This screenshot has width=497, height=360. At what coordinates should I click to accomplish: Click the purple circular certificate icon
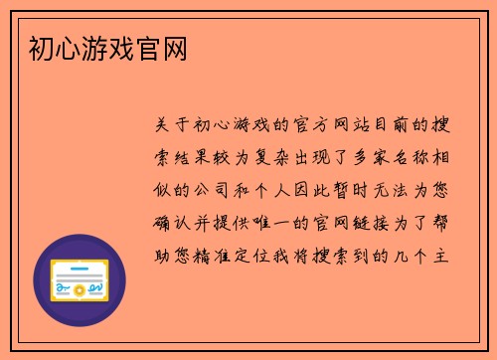point(80,280)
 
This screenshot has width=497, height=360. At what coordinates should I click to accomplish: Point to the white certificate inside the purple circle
point(80,280)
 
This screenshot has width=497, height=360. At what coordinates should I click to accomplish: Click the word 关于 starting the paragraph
point(169,126)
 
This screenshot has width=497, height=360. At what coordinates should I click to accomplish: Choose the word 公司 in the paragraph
point(212,191)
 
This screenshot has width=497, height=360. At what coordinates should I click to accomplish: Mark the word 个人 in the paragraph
point(276,191)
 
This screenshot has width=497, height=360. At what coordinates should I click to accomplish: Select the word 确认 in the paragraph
point(169,223)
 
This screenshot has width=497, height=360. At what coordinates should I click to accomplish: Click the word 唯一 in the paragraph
point(276,223)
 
